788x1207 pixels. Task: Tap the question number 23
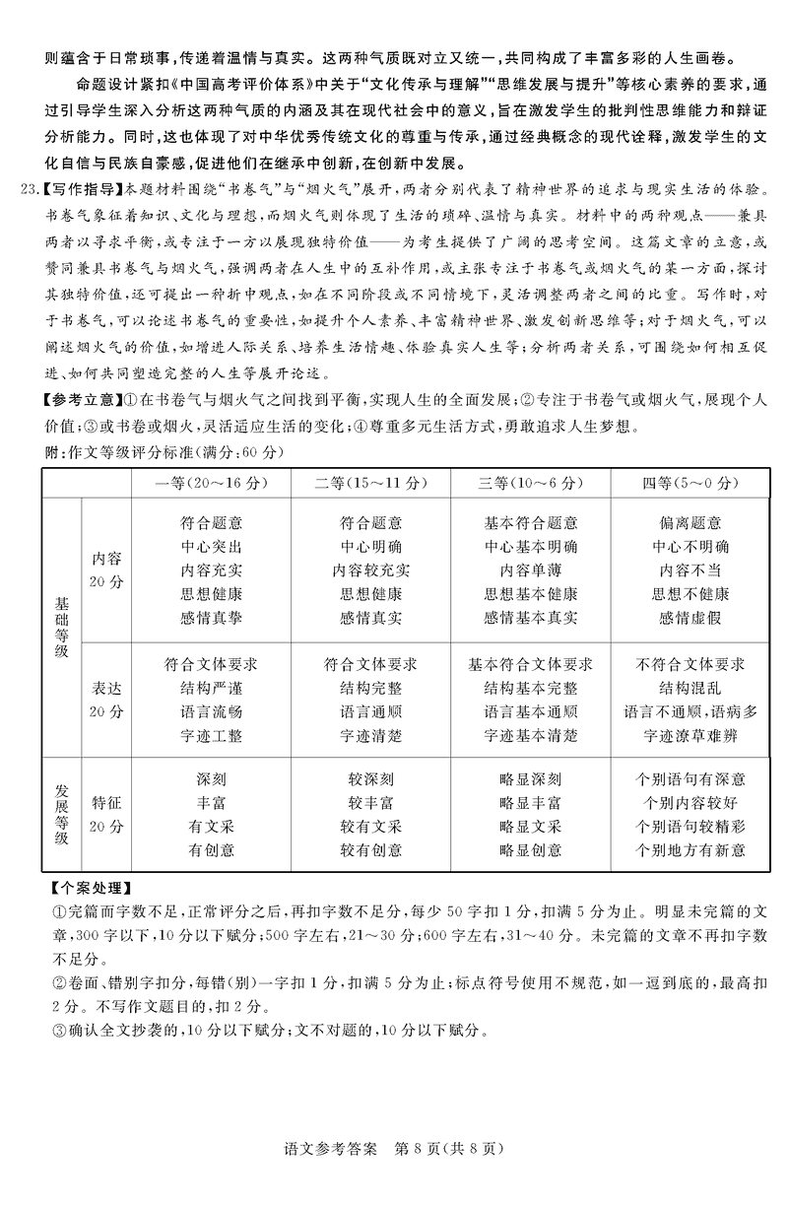click(x=32, y=189)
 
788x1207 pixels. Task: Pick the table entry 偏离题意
click(x=690, y=523)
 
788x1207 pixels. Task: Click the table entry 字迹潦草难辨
click(x=690, y=735)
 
